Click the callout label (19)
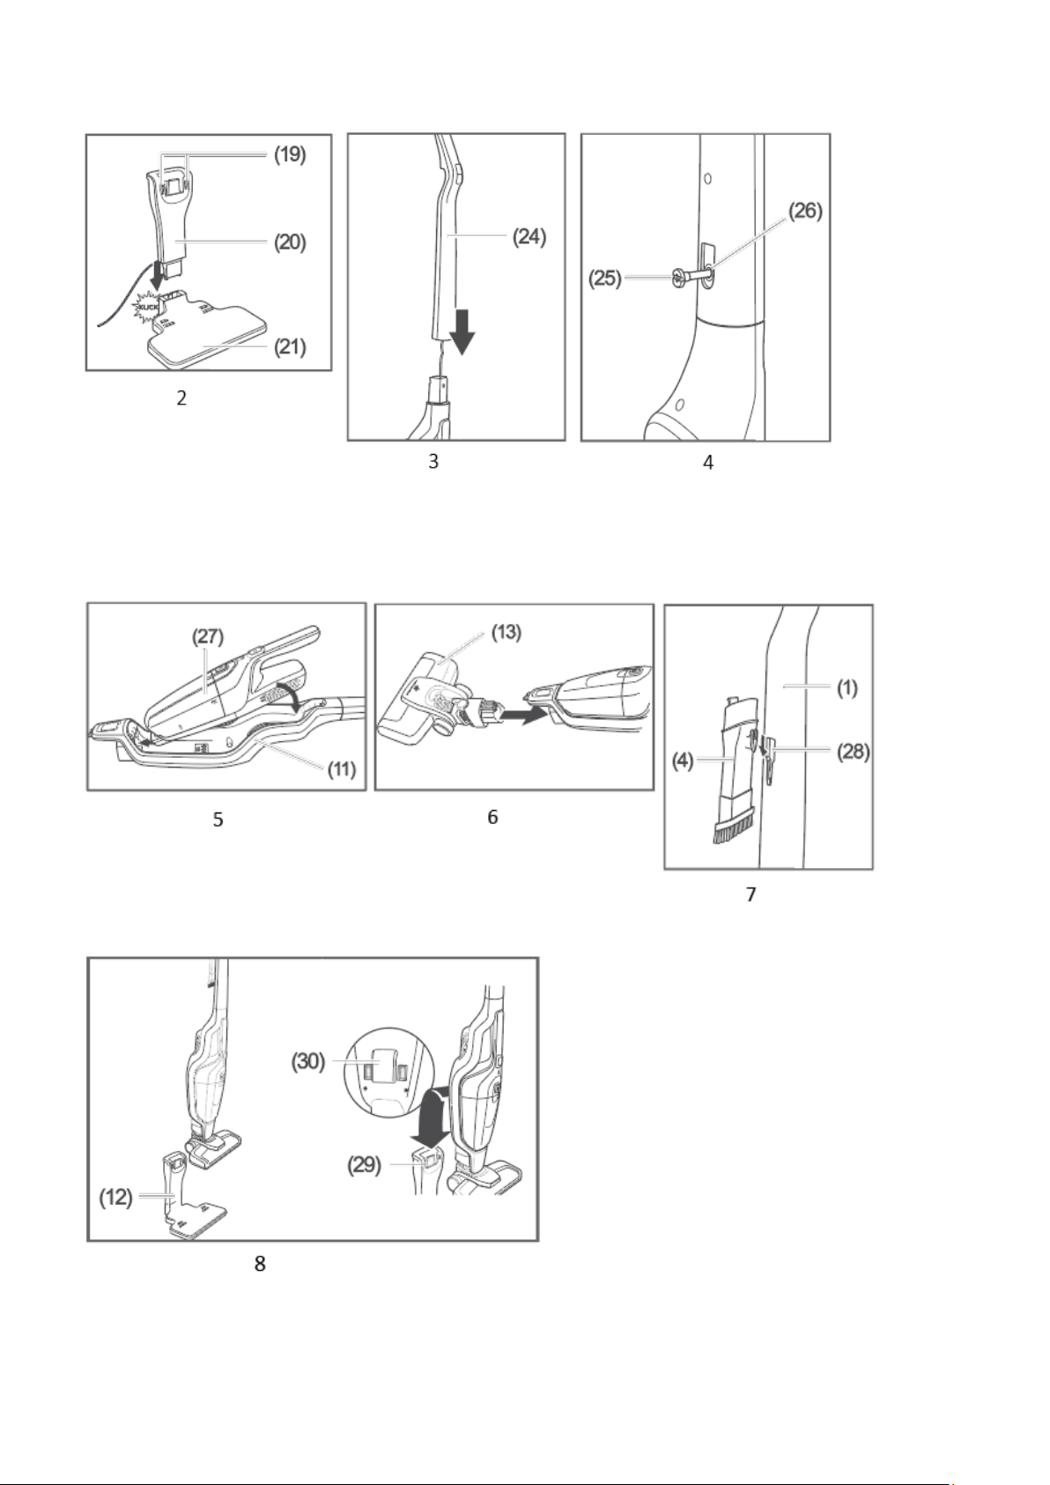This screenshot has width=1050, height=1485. coord(290,155)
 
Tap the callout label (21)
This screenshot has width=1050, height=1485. coord(290,346)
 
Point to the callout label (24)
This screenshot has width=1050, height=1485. coord(529,237)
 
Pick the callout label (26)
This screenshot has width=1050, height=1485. coord(805,211)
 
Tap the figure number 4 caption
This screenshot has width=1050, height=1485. coord(708,463)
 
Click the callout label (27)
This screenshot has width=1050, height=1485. coord(208,636)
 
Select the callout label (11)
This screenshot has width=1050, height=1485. coord(342,769)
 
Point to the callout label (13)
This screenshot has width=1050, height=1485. coord(507,633)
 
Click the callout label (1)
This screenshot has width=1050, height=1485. coord(847,688)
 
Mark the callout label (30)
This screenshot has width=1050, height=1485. coord(308,1061)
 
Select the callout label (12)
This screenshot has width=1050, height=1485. coord(116,1198)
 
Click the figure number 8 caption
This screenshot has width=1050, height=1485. coord(261,1264)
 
